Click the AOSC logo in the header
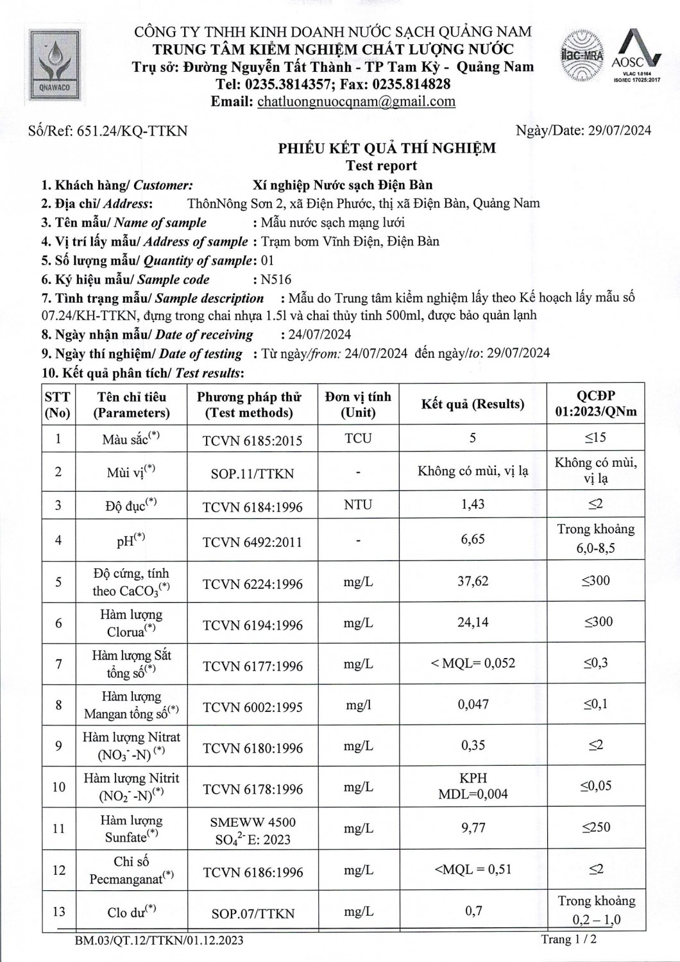pyautogui.click(x=636, y=56)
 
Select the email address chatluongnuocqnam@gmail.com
pyautogui.click(x=356, y=101)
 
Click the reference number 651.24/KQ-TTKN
pyautogui.click(x=132, y=131)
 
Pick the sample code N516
pyautogui.click(x=276, y=280)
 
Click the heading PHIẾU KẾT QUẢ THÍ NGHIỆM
pyautogui.click(x=387, y=149)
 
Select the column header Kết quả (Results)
pyautogui.click(x=473, y=404)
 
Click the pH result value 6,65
pyautogui.click(x=473, y=539)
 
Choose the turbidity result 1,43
pyautogui.click(x=473, y=505)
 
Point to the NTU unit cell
pyautogui.click(x=358, y=505)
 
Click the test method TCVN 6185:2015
pyautogui.click(x=252, y=441)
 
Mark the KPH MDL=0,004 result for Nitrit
pyautogui.click(x=473, y=786)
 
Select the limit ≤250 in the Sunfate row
pyautogui.click(x=596, y=827)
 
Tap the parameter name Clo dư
pyautogui.click(x=132, y=911)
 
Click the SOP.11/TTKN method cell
pyautogui.click(x=252, y=474)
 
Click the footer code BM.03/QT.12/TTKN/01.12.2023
pyautogui.click(x=159, y=941)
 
